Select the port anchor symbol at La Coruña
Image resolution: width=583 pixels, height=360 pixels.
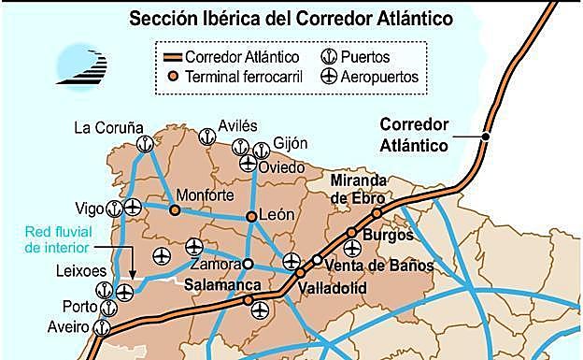click(144, 144)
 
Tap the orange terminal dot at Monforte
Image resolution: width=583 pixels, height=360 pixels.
click(175, 210)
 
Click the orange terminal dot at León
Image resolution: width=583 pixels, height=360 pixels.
click(251, 217)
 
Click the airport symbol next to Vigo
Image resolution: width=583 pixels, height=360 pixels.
click(134, 208)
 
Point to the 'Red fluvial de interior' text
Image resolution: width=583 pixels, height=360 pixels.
click(58, 239)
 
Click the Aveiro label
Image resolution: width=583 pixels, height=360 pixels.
click(69, 326)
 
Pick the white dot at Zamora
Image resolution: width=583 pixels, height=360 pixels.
click(249, 263)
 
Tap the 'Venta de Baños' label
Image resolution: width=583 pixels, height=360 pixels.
click(378, 266)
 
